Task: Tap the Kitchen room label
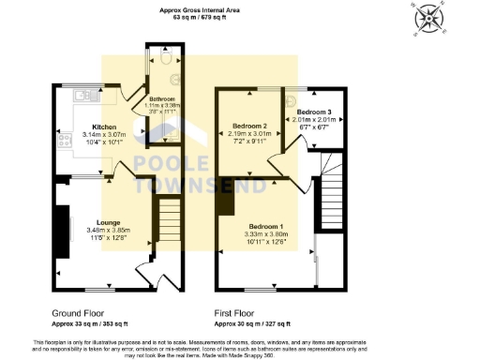[104, 127]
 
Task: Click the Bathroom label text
[165, 98]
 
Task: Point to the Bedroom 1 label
[265, 226]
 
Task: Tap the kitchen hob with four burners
[67, 141]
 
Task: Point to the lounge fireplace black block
[66, 227]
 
